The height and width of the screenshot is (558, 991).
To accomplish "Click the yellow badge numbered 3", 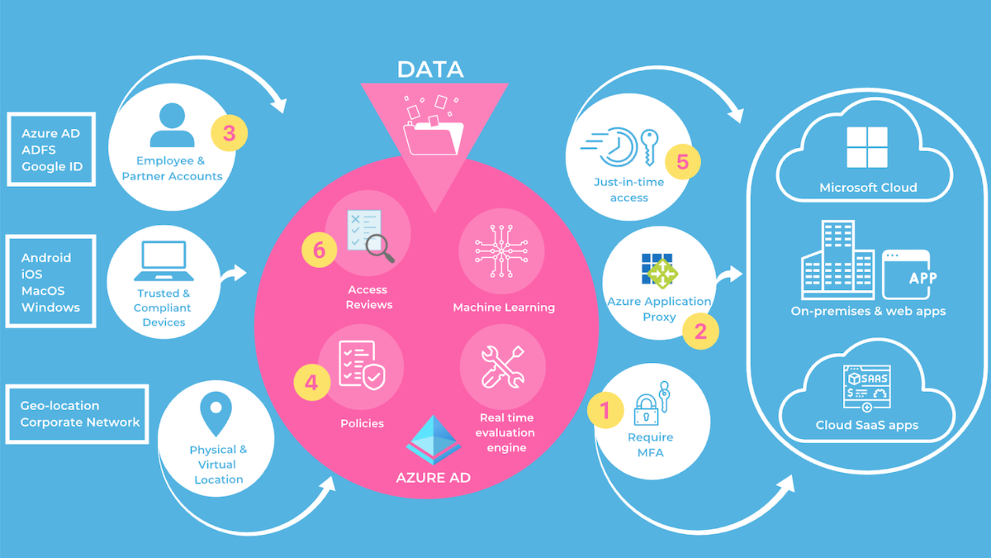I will point(229,133).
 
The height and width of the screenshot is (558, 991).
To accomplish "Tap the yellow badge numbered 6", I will point(319,250).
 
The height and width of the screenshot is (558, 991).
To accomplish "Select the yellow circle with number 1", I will point(605,411).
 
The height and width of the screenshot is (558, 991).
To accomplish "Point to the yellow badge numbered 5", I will point(682,162).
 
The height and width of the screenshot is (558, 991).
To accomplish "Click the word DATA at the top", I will point(430,70).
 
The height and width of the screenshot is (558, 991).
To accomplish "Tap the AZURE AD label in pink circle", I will point(433,478).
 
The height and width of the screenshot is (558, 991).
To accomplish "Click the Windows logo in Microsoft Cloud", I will point(867,147).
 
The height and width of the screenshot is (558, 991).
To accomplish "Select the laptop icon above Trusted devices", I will point(164,261).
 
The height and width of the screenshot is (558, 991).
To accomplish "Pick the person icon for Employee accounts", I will point(172,125).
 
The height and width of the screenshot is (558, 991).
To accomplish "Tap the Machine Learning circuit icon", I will point(501,252).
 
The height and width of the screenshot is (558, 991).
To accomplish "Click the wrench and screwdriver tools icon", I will point(502,367).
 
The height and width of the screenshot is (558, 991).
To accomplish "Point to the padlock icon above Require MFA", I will point(646,410).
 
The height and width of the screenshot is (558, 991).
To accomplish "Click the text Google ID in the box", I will point(52,167).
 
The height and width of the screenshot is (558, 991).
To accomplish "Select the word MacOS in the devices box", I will point(43,291).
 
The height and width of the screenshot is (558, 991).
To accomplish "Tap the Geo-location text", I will point(59,406).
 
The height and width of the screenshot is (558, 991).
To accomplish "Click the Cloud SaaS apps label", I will point(867,425).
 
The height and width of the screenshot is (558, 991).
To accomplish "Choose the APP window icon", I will point(906,275).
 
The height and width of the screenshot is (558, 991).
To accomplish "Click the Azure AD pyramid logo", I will point(433,439).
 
